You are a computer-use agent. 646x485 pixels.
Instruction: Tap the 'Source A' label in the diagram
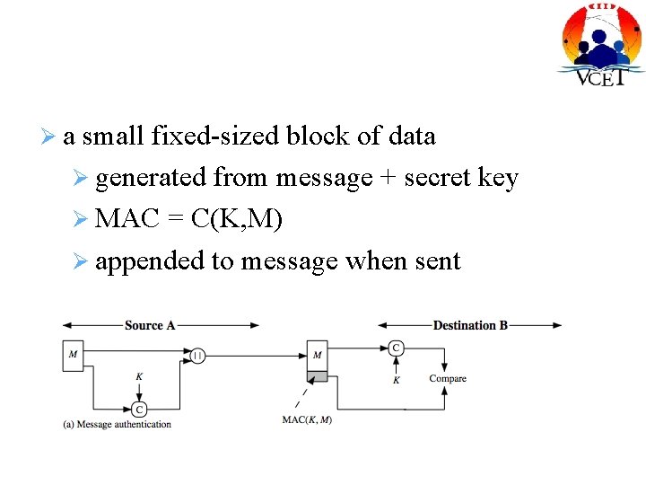tap(150, 325)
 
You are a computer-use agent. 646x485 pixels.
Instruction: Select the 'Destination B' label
tap(470, 325)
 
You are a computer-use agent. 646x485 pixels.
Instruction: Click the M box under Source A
tap(74, 355)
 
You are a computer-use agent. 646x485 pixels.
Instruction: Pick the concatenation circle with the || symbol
tap(197, 356)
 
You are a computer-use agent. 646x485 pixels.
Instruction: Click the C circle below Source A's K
tap(139, 409)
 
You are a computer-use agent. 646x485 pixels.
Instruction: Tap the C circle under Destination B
tap(396, 348)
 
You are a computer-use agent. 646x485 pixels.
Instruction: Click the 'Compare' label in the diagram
tap(447, 378)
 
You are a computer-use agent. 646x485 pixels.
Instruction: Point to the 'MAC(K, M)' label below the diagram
tap(307, 419)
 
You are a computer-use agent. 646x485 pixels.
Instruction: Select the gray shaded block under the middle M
tap(317, 375)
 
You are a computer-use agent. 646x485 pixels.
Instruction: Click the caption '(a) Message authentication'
tap(117, 424)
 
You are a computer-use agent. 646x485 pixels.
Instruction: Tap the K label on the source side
tap(139, 377)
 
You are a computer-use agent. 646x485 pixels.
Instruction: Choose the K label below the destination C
tap(396, 380)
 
